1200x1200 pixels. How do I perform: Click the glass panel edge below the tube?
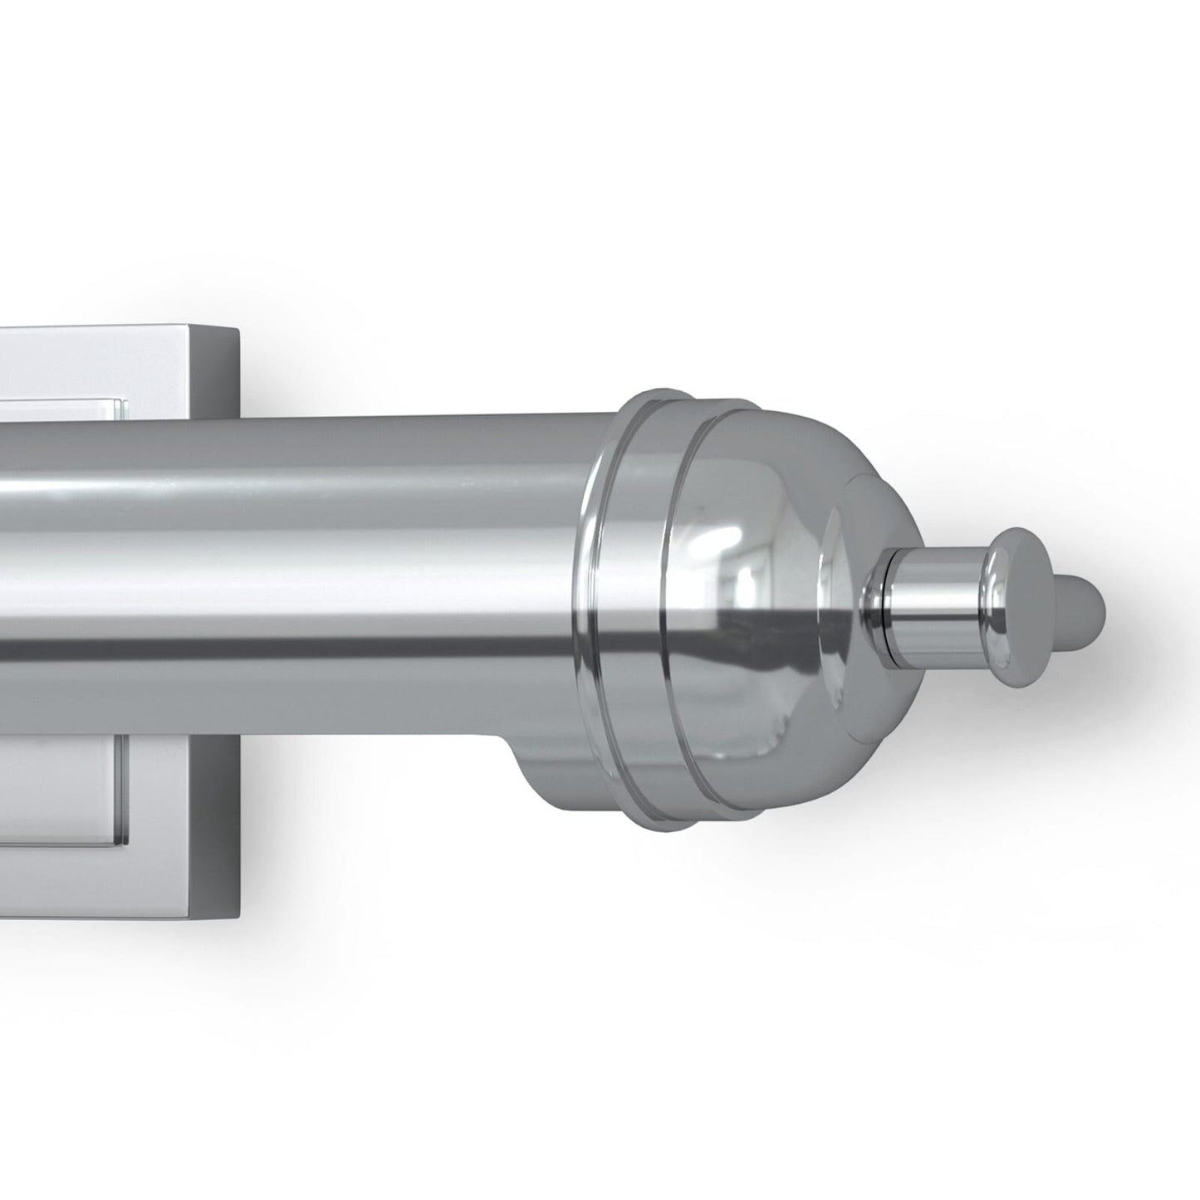click(122, 789)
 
